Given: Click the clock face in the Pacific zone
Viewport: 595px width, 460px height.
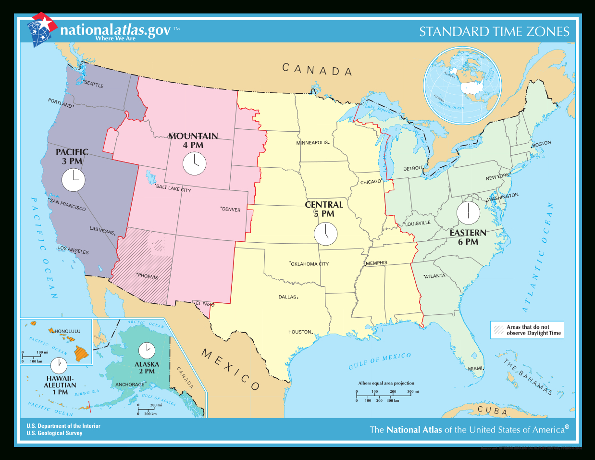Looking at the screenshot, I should click(74, 181).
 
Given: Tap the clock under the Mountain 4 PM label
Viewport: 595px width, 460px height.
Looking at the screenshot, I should click(194, 163).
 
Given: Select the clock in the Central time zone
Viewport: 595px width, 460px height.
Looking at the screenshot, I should click(325, 234).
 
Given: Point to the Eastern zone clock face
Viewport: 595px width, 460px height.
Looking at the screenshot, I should click(468, 213).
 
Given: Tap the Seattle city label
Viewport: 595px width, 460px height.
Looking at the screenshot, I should click(94, 84).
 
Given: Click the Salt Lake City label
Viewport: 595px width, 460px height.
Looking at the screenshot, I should click(174, 188).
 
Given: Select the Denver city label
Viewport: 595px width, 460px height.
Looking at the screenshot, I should click(231, 210).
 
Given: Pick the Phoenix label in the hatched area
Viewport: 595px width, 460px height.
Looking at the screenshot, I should click(148, 276).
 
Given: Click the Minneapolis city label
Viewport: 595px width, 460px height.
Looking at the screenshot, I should click(312, 143).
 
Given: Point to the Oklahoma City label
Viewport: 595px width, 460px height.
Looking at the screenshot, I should click(310, 264).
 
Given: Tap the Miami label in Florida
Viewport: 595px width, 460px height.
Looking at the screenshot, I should click(475, 369).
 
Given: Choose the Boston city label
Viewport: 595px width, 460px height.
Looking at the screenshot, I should click(542, 144).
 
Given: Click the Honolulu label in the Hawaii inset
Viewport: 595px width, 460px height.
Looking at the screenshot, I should click(67, 331).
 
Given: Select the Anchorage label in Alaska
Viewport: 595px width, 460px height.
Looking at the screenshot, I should click(130, 385).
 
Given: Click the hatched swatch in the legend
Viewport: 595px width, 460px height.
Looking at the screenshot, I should click(498, 330).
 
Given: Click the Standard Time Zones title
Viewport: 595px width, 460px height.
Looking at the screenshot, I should click(494, 32).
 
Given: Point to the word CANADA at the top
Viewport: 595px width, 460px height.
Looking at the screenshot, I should click(317, 70).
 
